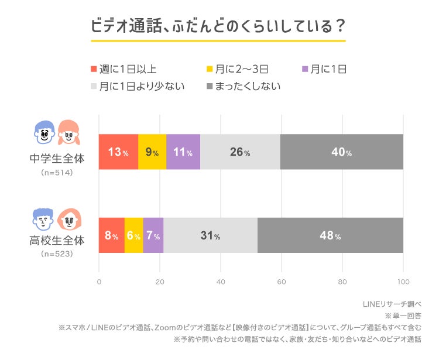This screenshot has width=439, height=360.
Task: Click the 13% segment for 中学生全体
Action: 118,152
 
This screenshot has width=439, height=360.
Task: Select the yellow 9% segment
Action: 152,152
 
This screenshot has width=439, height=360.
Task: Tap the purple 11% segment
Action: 183,152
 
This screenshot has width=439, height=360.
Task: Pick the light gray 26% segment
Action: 240,152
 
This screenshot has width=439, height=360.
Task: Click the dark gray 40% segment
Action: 342,152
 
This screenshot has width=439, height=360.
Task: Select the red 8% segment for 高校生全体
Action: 111,236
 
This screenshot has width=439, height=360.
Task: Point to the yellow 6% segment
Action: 134,236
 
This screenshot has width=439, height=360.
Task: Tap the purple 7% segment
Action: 153,236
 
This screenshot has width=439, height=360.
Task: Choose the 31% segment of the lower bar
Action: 210,236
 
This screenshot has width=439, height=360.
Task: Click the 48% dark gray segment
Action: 330,236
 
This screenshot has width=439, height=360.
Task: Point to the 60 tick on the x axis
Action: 282,282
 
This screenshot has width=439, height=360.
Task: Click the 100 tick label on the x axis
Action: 403,282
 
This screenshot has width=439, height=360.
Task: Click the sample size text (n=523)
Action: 57,254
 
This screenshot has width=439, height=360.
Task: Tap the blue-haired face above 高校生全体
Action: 43,220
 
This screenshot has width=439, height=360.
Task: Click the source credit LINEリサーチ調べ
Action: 392,304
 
